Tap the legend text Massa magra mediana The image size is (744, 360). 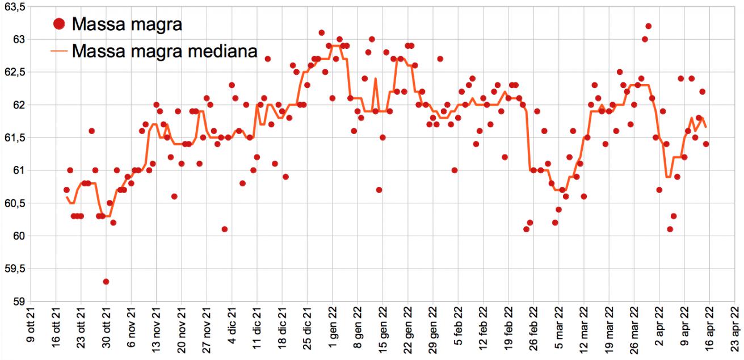(165, 51)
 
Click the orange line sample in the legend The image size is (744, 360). (60, 51)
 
